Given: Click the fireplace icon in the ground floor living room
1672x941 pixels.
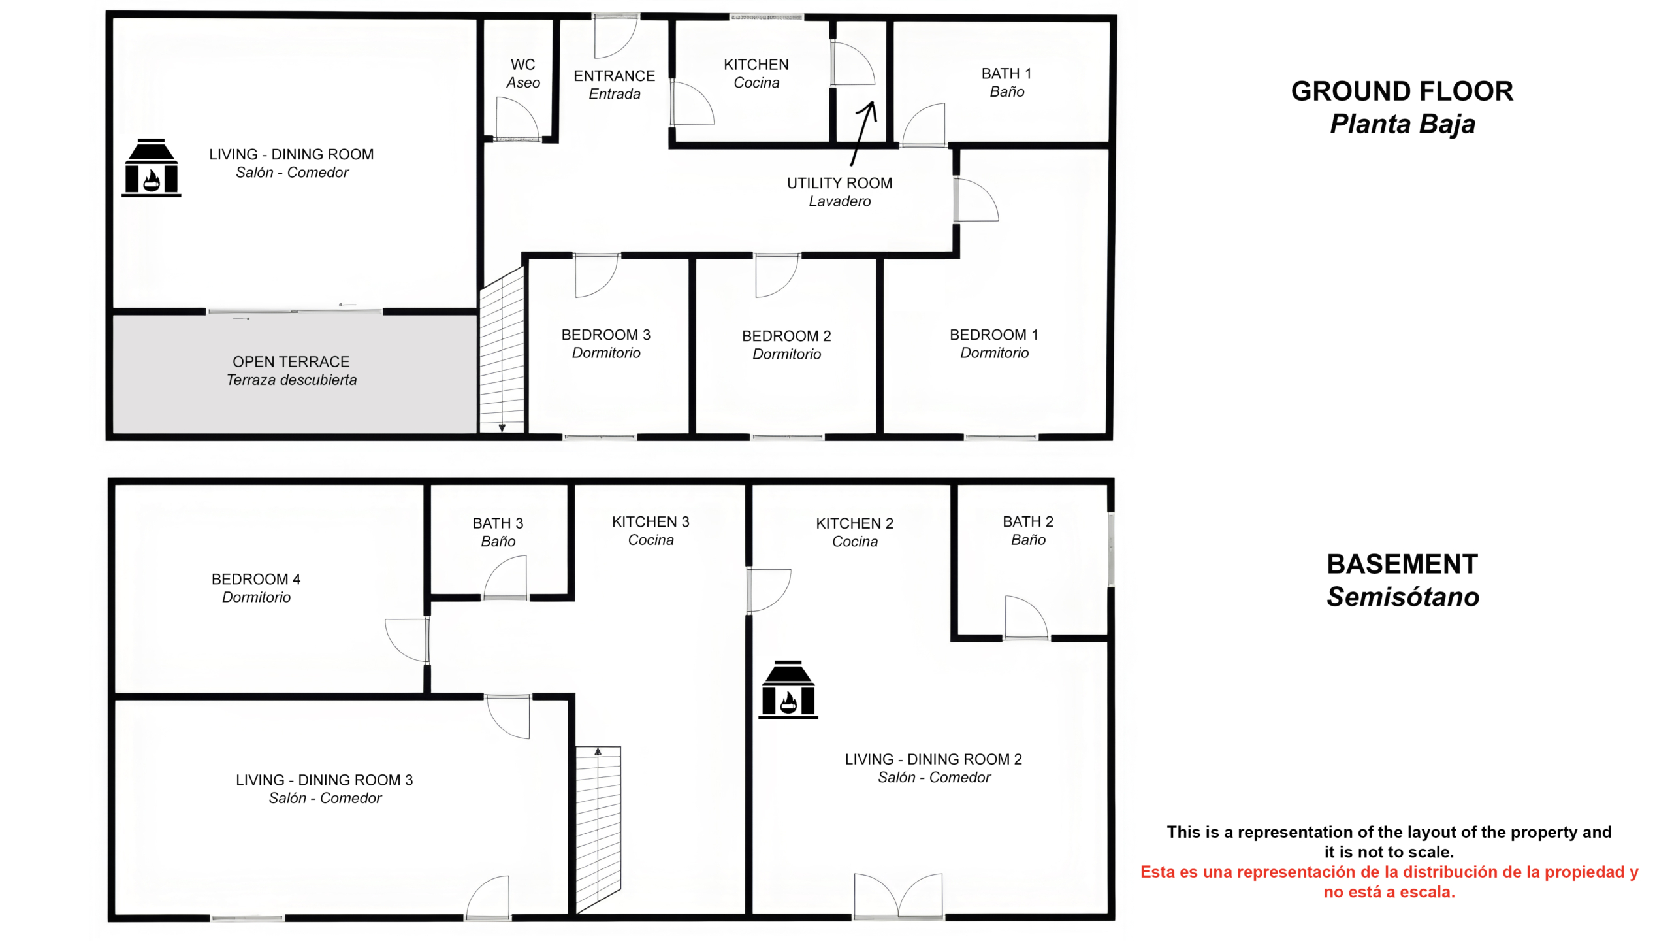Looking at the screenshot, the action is click(x=151, y=167).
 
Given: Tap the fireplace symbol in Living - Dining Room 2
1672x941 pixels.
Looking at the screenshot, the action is click(x=788, y=689).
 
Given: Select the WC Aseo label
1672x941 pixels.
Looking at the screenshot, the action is click(x=523, y=74).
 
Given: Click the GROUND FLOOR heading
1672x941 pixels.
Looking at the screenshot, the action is click(x=1402, y=91).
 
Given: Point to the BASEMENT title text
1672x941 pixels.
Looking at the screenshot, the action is click(x=1402, y=564).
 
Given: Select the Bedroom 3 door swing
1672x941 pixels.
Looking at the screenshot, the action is click(x=596, y=275).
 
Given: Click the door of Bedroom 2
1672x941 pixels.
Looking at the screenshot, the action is click(x=777, y=275).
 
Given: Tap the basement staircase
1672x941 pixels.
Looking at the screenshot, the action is click(x=598, y=830).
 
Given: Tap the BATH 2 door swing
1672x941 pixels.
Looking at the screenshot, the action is click(x=1027, y=618).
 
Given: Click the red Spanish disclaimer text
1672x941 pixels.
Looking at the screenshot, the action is click(x=1389, y=882).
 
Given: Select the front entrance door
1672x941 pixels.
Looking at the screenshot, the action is click(x=616, y=36).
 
